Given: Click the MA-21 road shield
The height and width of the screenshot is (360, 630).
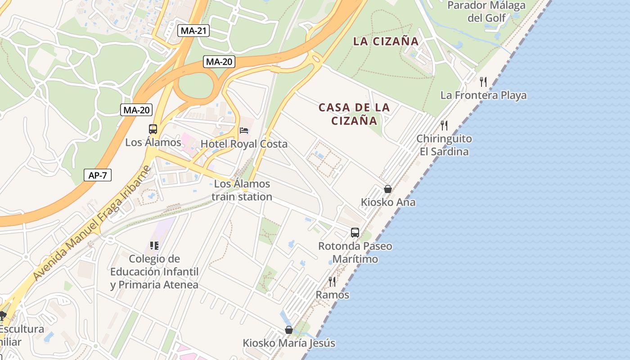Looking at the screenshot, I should click(193, 31).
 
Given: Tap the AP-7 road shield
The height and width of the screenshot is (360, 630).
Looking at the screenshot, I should click(98, 175).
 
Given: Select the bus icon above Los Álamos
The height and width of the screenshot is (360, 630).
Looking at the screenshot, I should click(153, 129).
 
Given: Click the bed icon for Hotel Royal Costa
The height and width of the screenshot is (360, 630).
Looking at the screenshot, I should click(244, 131).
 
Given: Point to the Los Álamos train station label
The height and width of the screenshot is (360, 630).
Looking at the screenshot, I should click(242, 190).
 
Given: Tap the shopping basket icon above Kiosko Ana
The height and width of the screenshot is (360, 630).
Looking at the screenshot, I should click(387, 189).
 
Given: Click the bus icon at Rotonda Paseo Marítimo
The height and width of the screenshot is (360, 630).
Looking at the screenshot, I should click(355, 233).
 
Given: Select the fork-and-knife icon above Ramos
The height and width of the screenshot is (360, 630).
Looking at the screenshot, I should click(332, 282).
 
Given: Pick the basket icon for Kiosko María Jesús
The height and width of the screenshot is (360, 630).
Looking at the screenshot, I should click(289, 330).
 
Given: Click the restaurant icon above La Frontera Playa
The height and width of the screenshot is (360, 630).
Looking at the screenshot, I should click(483, 82).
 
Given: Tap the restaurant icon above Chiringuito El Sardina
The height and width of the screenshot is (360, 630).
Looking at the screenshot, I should click(444, 125).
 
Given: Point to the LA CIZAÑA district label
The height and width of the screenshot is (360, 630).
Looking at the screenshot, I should click(386, 41).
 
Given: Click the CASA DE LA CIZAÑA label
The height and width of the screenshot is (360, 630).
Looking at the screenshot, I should click(354, 114).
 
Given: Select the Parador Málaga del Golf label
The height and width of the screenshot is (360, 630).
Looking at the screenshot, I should click(486, 12).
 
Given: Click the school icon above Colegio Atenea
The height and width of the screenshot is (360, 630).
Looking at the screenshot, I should click(154, 246).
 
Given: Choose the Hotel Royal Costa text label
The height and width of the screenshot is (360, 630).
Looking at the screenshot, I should click(244, 144).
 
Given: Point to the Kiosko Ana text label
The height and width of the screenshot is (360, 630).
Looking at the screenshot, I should click(388, 202).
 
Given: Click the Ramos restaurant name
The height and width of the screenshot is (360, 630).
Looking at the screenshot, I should click(333, 295).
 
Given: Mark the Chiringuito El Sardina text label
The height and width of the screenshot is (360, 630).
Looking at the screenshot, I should click(444, 145).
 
